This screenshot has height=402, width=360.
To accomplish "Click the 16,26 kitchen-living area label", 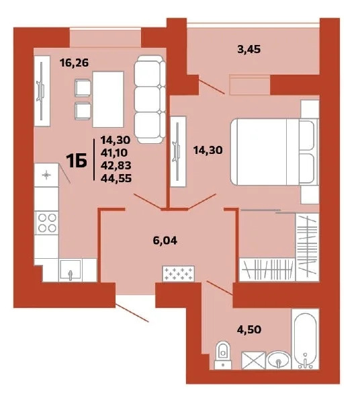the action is point(74,63).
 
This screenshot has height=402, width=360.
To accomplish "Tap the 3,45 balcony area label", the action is point(249,49).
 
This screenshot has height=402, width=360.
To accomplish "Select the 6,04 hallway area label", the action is point(165,241).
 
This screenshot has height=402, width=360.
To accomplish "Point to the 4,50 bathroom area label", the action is point(249,329).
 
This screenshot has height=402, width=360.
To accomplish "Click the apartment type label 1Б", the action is point(77,160).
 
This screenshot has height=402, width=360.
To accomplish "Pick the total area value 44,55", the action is point(116,178).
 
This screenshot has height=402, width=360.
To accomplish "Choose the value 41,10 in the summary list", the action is point(114,153).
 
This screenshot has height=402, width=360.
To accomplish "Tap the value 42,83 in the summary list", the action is point(116,165).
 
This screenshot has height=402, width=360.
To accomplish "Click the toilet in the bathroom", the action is point(223,356).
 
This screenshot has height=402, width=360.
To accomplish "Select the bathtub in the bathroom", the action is point(305,339).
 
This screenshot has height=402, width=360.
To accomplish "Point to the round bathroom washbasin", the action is point(279,360).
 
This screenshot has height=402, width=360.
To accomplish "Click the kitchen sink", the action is point(71,270).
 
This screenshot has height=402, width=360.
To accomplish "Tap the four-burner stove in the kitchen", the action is point(46,223).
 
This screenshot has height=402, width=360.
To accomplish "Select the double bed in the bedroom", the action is point(275,151).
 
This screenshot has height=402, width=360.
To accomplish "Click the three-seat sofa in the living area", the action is point(150,99).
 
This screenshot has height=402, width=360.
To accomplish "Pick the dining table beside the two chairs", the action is point(108,99).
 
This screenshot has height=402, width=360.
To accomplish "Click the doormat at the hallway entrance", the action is point(179,274).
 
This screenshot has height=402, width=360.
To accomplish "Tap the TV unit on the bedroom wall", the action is point(179,151).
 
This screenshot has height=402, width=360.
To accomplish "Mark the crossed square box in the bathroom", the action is point(253,360).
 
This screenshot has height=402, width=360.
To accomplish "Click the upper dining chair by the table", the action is point(83,88).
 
